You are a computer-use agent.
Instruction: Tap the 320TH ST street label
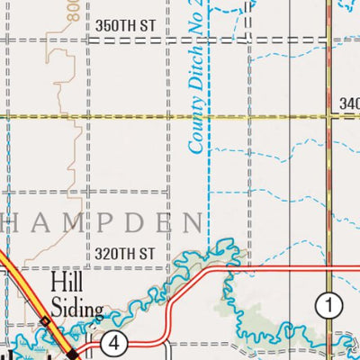(x=131, y=253)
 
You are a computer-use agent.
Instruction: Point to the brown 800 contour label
(x=74, y=10)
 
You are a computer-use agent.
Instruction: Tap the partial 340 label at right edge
(x=350, y=105)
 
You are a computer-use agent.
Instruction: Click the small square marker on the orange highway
(x=45, y=321)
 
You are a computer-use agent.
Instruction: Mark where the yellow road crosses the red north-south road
(x=330, y=116)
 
